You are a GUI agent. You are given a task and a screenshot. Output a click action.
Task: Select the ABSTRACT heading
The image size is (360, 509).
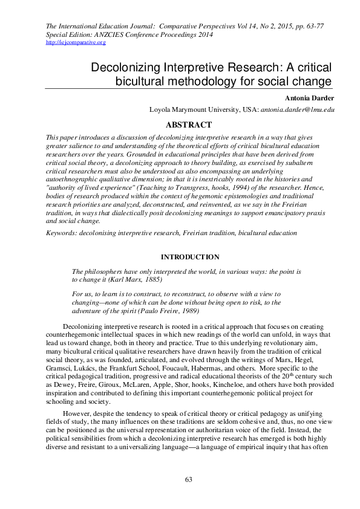(188, 125)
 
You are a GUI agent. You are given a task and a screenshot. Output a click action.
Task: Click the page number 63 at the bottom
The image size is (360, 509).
(188, 479)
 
